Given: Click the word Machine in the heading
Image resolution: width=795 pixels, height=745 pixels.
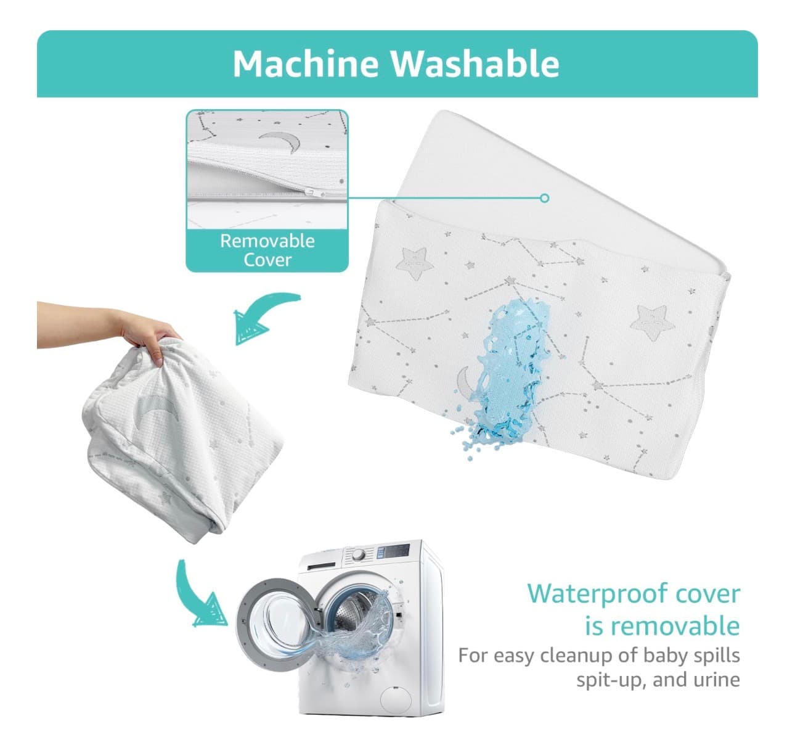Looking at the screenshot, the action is (x=306, y=64).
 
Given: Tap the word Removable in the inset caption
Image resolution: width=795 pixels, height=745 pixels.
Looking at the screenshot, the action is (x=267, y=241).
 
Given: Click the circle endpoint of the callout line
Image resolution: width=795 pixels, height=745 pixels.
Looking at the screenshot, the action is (x=544, y=197).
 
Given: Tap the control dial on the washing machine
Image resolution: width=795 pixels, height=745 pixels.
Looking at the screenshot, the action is (x=359, y=554).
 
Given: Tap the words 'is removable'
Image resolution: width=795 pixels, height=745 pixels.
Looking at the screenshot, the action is (x=662, y=626).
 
